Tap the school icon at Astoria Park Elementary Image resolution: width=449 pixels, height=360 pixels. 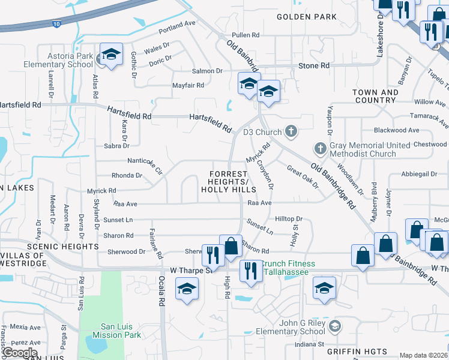tap(110, 55)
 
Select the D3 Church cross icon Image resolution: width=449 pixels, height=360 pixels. tap(291, 131)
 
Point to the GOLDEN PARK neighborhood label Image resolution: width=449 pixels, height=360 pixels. tap(307, 17)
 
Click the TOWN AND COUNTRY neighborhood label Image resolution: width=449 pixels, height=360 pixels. tap(376, 96)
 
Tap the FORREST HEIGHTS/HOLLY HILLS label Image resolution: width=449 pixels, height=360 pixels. tap(228, 181)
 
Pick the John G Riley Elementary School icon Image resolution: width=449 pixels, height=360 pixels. tap(335, 326)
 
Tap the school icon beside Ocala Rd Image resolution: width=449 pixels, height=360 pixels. tap(187, 289)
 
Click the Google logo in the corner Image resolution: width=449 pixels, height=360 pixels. tap(19, 353)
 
